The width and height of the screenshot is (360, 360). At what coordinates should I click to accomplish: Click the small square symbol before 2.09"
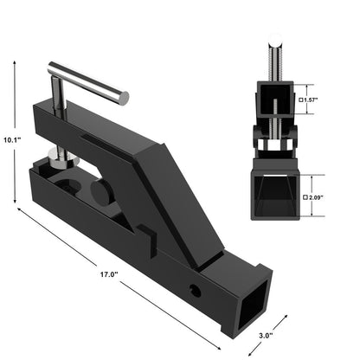click(304, 197)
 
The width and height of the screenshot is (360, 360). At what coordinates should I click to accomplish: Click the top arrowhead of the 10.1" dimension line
click(15, 62)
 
